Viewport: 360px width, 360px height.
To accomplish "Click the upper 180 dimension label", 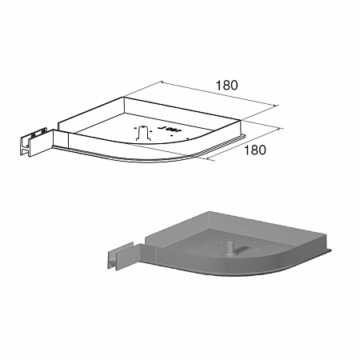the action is [x=226, y=86].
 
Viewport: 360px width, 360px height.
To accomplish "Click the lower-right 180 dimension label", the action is [x=255, y=150].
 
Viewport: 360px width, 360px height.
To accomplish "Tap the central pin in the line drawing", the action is [x=143, y=132].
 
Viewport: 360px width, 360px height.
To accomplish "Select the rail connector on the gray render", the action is [x=122, y=255].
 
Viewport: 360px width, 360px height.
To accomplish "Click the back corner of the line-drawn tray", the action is [x=124, y=97].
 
